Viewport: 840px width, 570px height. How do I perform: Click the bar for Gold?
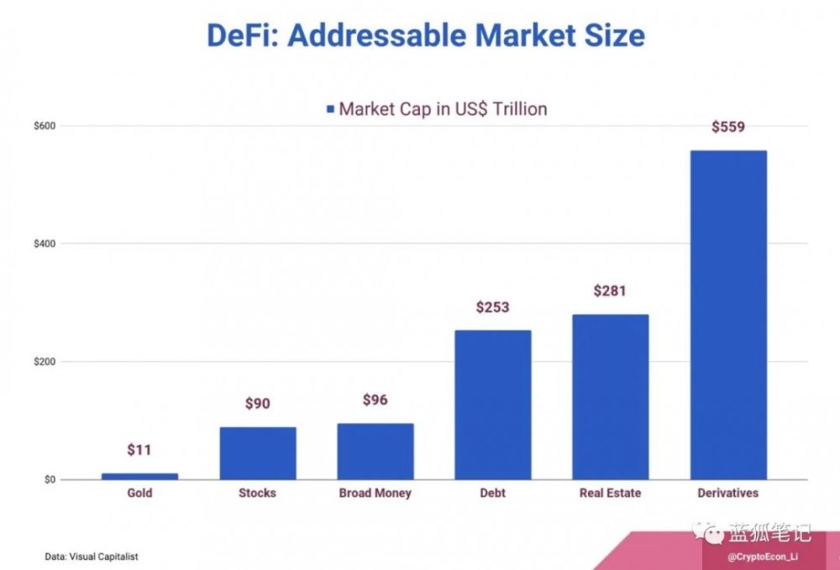pos(139,476)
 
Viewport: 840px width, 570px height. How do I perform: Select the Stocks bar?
pos(258,453)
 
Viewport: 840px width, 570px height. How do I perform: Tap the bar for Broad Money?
pos(375,451)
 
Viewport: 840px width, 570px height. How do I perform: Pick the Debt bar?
pos(493,405)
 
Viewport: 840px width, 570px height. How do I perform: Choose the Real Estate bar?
pos(611,397)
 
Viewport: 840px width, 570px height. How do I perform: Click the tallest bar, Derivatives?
pos(728,315)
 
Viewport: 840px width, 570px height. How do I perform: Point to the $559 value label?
pos(728,128)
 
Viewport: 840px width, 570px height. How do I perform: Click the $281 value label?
pos(611,290)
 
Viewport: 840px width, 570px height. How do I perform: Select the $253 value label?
pos(493,307)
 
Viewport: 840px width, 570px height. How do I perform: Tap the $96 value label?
pos(375,400)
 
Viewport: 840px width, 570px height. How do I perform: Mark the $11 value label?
pos(139,450)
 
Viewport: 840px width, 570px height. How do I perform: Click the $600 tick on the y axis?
pos(45,126)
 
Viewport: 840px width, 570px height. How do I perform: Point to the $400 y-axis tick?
pos(45,243)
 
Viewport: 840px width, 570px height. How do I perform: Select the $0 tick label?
pos(50,479)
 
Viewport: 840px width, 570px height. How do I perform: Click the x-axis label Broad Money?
pos(375,493)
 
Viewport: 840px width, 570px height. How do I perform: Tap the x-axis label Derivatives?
pos(728,493)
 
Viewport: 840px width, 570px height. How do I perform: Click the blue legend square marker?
pos(330,109)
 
